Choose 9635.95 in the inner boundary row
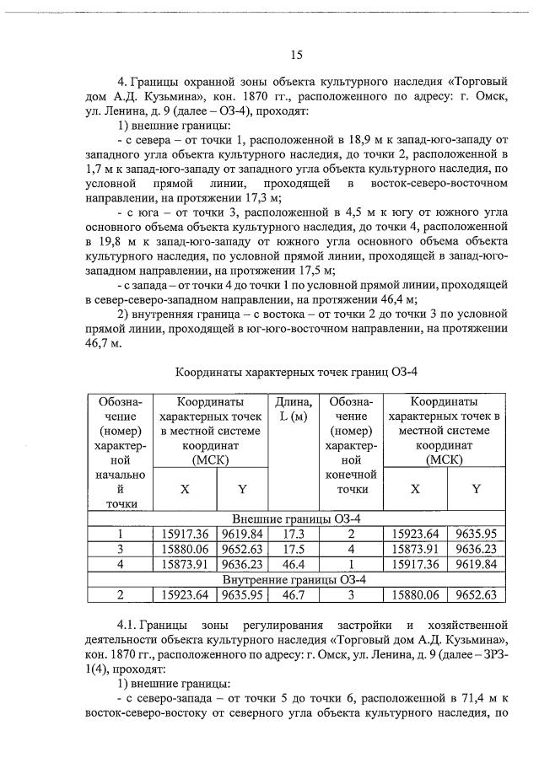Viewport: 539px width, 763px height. click(x=243, y=595)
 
